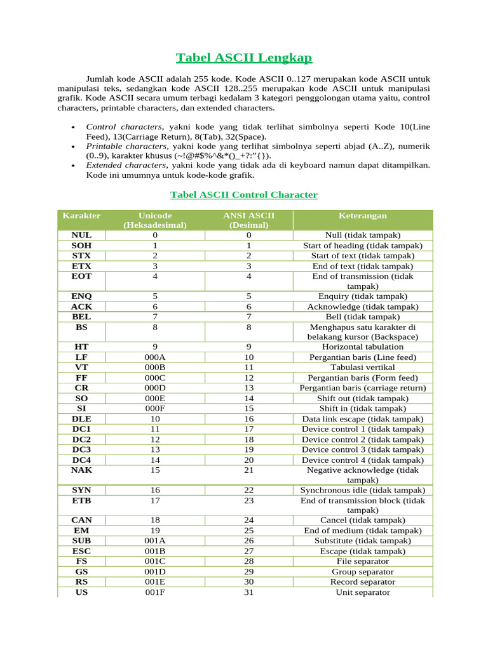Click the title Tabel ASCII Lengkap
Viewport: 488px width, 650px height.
click(244, 58)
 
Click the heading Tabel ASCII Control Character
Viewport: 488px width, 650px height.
click(244, 195)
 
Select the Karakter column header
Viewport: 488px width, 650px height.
click(81, 216)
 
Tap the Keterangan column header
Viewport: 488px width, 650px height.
click(362, 216)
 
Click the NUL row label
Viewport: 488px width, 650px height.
click(81, 235)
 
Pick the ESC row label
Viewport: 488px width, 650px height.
click(81, 551)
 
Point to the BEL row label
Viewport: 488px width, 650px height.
click(81, 316)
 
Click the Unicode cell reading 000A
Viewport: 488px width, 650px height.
click(155, 357)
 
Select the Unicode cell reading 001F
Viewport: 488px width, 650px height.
click(155, 592)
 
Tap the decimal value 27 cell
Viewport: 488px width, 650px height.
click(248, 551)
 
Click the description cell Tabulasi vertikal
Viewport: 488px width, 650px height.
click(362, 368)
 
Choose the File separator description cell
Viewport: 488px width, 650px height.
click(362, 561)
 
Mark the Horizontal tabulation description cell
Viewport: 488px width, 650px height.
click(362, 347)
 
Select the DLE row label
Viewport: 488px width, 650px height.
click(81, 419)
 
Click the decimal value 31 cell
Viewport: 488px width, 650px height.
click(248, 592)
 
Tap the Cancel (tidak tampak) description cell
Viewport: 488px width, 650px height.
click(362, 520)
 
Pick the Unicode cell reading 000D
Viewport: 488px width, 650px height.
click(155, 388)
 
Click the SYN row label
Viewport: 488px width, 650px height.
click(81, 490)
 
